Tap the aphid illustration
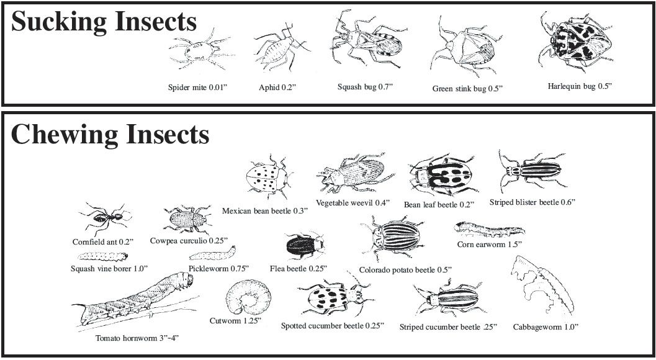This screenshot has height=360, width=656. click(276, 52)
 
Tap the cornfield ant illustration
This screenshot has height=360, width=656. click(104, 218)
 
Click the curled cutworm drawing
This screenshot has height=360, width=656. click(248, 298)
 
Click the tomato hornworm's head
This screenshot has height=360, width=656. click(185, 282)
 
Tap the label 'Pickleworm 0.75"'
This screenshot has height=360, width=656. click(218, 268)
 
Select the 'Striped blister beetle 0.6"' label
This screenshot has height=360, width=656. click(532, 202)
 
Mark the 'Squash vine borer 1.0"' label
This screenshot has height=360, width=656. click(109, 268)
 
